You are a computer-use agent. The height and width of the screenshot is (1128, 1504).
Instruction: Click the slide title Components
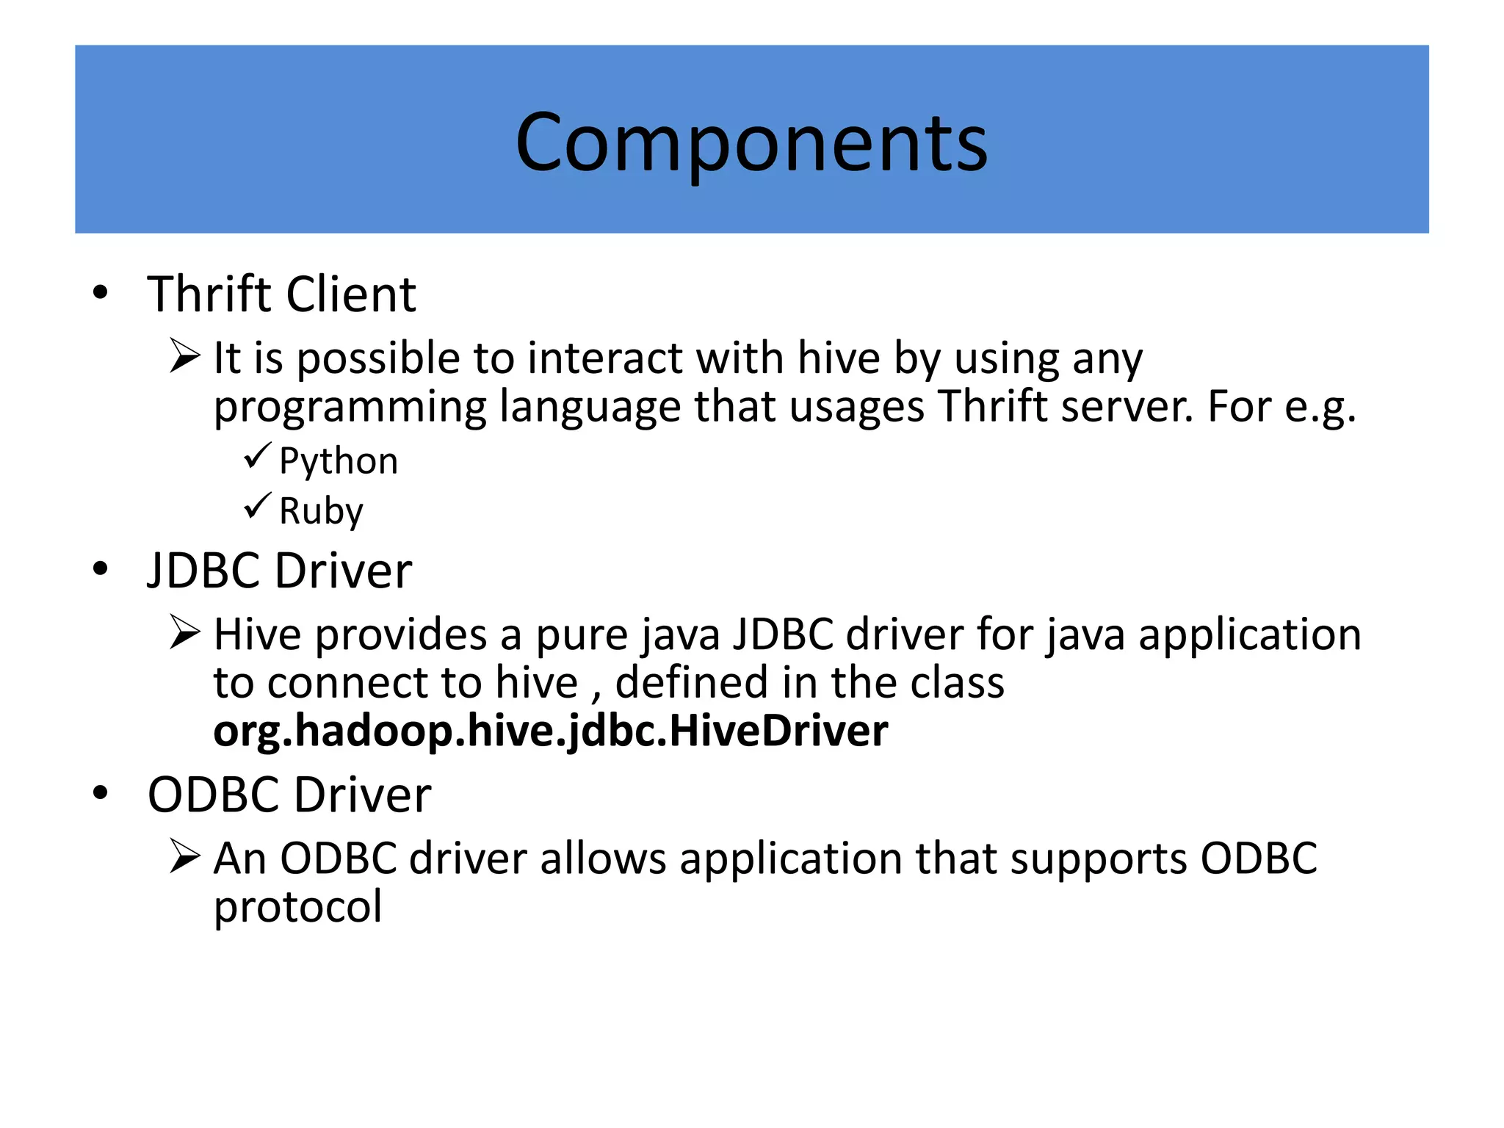(751, 142)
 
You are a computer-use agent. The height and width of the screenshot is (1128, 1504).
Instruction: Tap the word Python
(339, 462)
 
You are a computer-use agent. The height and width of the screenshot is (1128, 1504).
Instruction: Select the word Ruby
(321, 510)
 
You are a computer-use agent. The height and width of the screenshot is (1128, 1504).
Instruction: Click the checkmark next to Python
(257, 456)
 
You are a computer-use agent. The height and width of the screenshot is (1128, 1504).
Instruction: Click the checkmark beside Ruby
(257, 506)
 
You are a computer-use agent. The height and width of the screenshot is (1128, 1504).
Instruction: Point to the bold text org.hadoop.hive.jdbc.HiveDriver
(550, 731)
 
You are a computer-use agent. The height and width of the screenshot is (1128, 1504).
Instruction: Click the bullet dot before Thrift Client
(101, 293)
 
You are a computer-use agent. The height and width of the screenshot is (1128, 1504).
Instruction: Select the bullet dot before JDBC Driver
(101, 569)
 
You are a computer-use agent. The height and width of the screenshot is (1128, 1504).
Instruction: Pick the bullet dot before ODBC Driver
(101, 793)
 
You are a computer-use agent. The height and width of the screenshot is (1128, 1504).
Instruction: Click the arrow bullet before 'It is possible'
(184, 356)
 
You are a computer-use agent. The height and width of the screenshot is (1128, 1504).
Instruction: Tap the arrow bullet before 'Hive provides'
(184, 632)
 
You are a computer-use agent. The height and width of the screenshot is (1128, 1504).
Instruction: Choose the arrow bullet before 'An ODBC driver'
(184, 856)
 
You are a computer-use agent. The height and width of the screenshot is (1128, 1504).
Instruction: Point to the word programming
(350, 408)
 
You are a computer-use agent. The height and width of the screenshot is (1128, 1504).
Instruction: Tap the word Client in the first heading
(351, 294)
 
